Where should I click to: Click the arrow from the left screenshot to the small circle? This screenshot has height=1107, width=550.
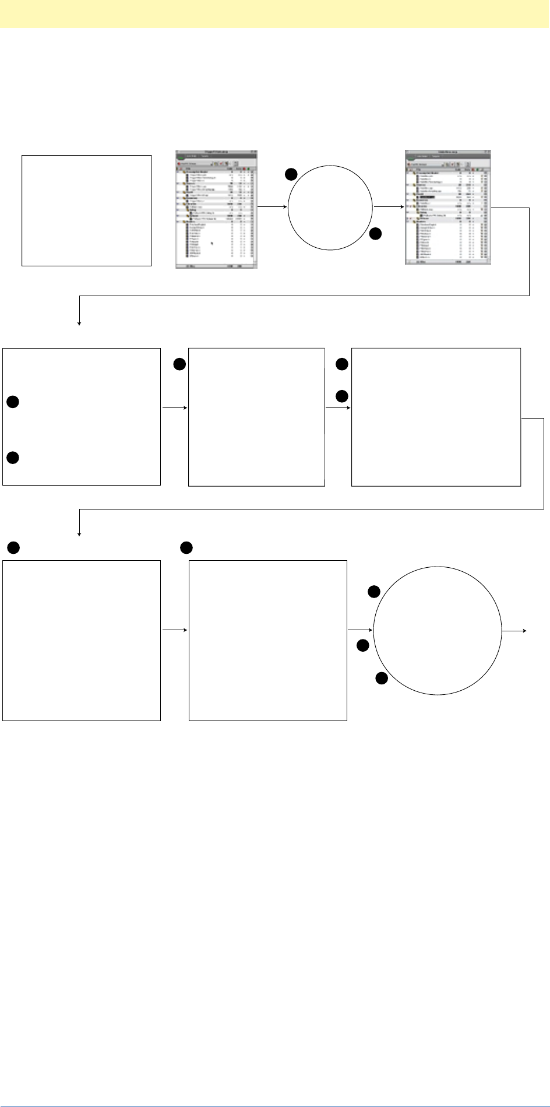coord(273,206)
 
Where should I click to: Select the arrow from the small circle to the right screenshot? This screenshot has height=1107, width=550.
coord(389,206)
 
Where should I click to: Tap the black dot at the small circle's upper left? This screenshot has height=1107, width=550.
coord(291,174)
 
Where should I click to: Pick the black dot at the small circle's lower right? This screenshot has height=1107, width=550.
coord(375,234)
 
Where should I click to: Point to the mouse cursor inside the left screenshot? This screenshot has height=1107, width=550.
coord(212,244)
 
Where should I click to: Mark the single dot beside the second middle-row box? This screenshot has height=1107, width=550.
coord(179,365)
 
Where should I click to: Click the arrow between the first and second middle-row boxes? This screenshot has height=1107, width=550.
coord(174,408)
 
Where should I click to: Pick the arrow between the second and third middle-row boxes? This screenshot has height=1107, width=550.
coord(338,408)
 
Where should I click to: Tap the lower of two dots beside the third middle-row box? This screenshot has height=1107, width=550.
coord(342,397)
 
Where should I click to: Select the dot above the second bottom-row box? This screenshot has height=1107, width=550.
coord(186,547)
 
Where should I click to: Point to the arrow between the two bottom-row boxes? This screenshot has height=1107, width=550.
coord(174,630)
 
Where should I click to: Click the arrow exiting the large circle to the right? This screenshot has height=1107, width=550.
coord(515,631)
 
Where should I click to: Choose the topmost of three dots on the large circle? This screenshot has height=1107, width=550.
coord(374,593)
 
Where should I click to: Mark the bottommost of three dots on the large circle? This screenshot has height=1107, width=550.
coord(382,678)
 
